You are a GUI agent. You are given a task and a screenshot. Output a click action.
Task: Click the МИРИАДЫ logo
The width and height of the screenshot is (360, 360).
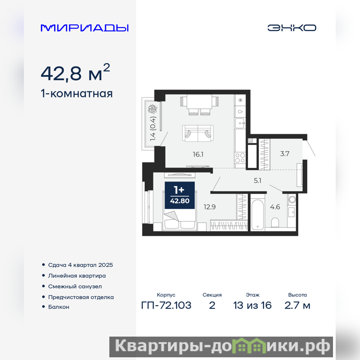[x=85, y=28]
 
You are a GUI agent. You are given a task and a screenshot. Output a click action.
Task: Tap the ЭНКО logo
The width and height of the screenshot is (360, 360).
[x=292, y=28]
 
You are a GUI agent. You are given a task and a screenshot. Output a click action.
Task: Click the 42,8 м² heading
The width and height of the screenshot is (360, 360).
[x=75, y=72]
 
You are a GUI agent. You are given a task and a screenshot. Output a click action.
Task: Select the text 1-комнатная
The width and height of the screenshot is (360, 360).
[x=76, y=94]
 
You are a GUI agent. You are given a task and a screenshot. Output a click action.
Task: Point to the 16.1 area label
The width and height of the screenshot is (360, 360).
[x=198, y=154]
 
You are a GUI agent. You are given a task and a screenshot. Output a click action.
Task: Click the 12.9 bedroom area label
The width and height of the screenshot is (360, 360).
[x=210, y=207]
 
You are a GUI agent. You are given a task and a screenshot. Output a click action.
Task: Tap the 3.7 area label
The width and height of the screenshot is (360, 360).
[x=285, y=153]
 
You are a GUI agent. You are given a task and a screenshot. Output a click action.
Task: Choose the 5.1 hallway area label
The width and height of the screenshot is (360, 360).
[x=257, y=181]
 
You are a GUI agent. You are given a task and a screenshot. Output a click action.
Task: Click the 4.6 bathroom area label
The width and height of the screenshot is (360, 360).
[x=275, y=207]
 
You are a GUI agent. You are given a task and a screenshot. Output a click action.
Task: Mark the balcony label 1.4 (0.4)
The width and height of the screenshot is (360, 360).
[x=153, y=129]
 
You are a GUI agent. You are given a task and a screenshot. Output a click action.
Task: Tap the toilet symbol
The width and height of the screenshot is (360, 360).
[x=275, y=222]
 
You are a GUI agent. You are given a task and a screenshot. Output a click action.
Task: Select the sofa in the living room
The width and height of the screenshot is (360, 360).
[x=198, y=133]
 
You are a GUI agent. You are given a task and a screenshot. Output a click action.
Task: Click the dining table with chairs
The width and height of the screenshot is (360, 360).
[x=199, y=105]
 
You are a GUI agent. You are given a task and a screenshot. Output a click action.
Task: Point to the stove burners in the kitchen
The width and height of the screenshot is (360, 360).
[x=240, y=158]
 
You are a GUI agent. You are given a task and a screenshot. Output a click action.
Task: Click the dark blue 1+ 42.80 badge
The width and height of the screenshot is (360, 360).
[x=180, y=195]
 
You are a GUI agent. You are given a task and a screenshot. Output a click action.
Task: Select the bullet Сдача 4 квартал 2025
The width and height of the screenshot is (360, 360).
[x=81, y=265]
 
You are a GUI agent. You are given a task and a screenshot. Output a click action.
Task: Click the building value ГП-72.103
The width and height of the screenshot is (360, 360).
[x=166, y=306]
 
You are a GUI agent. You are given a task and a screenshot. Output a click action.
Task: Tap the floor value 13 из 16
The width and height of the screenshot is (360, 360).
[x=252, y=306]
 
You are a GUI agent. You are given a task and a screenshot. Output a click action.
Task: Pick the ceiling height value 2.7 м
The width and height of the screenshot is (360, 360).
[x=297, y=306]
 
